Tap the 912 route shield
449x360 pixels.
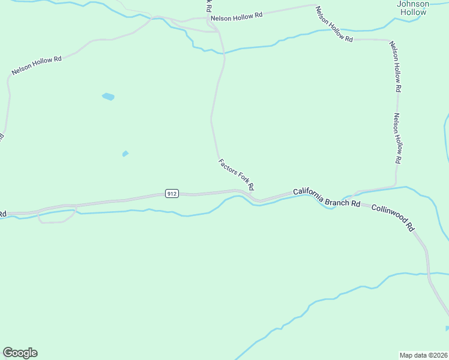[172, 193]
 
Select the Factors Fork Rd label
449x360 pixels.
[236, 174]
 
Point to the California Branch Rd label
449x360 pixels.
[326, 198]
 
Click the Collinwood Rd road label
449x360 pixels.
[393, 217]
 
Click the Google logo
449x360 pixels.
[20, 353]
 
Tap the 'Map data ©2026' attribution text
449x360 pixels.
[423, 355]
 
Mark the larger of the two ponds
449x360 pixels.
[108, 96]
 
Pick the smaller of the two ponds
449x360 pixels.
[125, 154]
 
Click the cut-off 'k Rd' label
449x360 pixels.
[208, 7]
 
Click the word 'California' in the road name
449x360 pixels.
[309, 194]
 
